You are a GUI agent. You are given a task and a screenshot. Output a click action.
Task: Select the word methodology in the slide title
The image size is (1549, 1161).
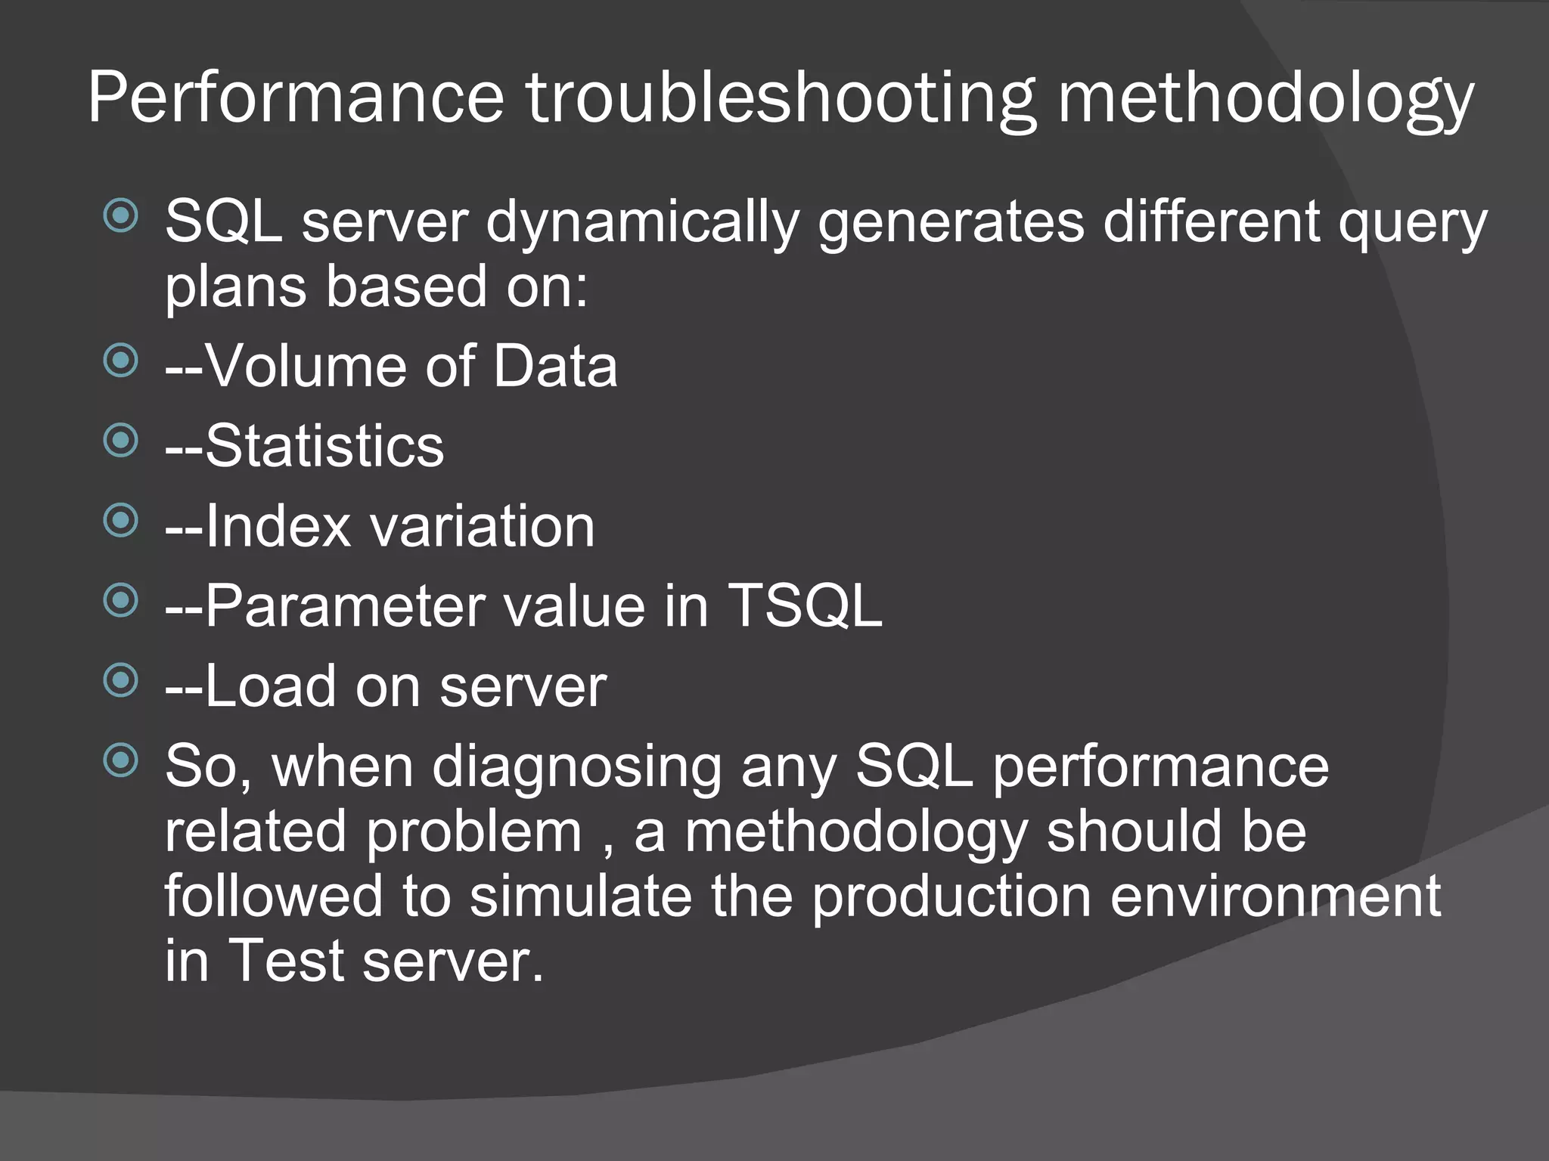(x=1265, y=98)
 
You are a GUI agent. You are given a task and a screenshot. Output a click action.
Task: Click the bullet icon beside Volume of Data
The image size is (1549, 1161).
(x=121, y=361)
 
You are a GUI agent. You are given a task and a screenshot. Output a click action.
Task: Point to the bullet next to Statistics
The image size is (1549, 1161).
(x=121, y=441)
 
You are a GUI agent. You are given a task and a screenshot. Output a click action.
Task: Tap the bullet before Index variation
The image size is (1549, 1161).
(x=121, y=521)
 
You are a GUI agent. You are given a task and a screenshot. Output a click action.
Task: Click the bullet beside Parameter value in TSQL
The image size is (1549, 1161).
(x=121, y=601)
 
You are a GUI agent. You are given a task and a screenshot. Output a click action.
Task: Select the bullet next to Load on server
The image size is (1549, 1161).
(x=121, y=680)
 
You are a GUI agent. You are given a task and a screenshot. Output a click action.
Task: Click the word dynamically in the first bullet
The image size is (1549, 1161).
(x=642, y=223)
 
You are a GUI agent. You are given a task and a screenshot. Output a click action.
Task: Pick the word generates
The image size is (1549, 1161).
(x=951, y=223)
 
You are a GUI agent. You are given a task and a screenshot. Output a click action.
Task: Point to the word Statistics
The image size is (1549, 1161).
(x=324, y=446)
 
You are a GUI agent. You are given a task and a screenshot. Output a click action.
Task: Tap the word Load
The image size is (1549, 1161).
(x=270, y=686)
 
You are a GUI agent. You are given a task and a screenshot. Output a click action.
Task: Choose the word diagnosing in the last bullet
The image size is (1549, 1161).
(x=576, y=768)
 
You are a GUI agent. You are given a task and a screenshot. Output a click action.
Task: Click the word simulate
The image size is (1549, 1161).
(x=580, y=896)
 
